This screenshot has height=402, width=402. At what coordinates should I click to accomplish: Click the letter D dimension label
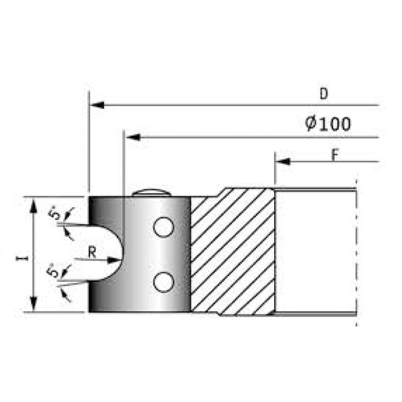[x=323, y=94]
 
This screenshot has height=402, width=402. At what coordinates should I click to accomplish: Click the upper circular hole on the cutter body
[x=161, y=228]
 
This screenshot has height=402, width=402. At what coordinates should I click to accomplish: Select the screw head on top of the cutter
[x=151, y=192]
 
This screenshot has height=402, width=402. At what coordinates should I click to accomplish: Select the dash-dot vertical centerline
[x=356, y=255]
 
